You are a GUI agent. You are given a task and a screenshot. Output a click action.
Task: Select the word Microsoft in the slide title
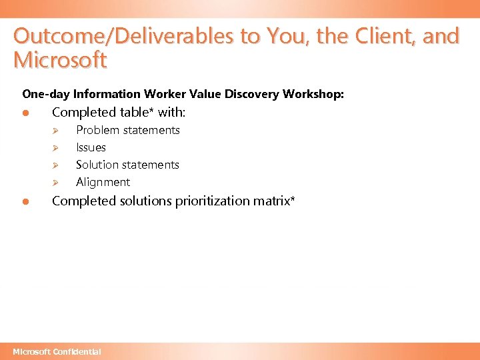tap(60, 60)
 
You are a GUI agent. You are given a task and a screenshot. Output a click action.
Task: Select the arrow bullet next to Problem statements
tap(57, 131)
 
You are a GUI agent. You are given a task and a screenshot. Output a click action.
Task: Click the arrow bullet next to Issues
tap(57, 148)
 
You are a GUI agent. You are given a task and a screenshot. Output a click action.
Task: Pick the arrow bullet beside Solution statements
tap(57, 165)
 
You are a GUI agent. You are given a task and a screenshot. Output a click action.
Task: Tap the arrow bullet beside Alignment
tap(57, 183)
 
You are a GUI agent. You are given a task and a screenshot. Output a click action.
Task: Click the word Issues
tap(91, 147)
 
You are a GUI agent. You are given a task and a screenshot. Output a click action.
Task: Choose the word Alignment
tap(103, 182)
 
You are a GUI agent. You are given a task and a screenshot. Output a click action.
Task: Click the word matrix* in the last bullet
tap(275, 201)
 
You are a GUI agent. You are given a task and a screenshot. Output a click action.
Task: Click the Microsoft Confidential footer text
tap(57, 351)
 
